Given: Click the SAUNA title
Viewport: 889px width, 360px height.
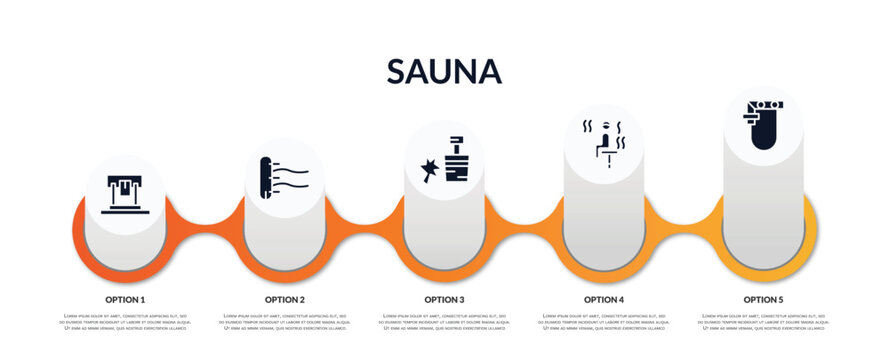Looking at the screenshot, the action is [x=444, y=71].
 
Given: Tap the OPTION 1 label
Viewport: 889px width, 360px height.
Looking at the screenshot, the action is [x=125, y=299].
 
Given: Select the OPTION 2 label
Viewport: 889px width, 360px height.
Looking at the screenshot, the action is [x=285, y=299].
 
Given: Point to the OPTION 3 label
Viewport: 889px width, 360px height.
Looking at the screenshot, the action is [x=444, y=299].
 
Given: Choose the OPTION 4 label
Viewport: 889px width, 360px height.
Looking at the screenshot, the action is [x=604, y=299].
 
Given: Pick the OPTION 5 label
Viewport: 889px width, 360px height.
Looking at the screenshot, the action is [x=763, y=299].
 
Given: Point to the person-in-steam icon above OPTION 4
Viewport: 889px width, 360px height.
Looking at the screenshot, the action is [x=604, y=141].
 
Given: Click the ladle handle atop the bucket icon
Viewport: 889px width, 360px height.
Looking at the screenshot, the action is [x=456, y=140].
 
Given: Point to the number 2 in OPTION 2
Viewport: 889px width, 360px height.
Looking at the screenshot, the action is [x=301, y=299].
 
